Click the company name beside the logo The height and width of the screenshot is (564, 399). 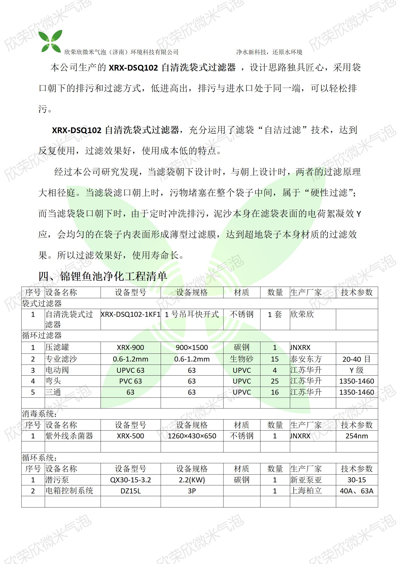tap(121, 52)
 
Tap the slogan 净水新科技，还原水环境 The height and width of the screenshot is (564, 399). tap(269, 52)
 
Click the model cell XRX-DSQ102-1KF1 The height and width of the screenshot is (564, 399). tap(130, 314)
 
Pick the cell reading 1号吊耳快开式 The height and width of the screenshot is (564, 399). tap(192, 314)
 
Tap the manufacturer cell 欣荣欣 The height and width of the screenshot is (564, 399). tap(302, 314)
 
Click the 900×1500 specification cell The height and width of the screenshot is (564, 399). tap(192, 347)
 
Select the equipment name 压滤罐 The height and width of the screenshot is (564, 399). tap(57, 347)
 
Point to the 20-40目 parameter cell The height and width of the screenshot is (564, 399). tap(357, 359)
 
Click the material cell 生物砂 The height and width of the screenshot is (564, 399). tap(241, 359)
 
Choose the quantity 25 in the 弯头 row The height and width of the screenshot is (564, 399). tap(275, 381)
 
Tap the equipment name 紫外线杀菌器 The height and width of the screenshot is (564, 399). tap(69, 436)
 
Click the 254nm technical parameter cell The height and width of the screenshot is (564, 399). tap(357, 436)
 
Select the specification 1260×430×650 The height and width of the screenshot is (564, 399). tap(192, 436)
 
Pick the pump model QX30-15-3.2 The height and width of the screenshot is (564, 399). tap(130, 480)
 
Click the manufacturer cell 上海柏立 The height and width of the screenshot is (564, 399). tap(306, 491)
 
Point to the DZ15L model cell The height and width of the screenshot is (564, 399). tap(130, 491)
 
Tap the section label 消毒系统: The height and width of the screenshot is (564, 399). tap(39, 414)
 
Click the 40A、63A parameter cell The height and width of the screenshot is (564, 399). tap(357, 491)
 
